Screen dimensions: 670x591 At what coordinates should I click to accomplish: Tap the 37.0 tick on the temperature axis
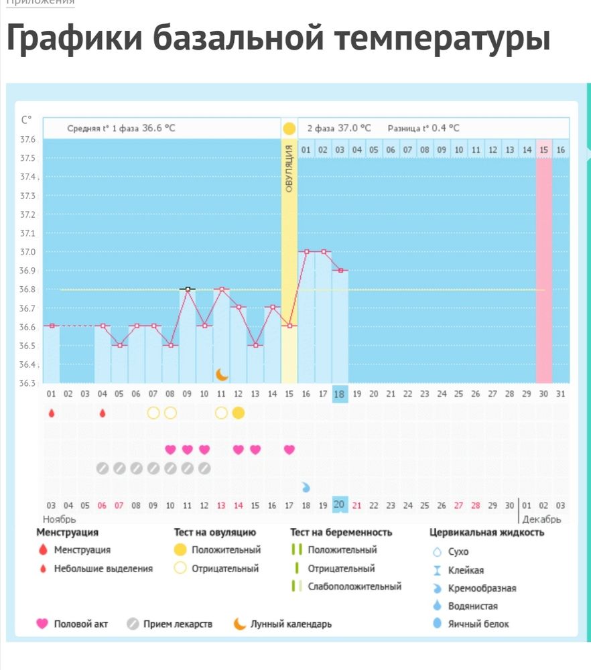(x=27, y=252)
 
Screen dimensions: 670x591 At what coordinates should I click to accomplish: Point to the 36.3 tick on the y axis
(x=27, y=383)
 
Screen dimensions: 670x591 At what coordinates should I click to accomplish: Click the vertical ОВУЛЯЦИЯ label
(x=289, y=168)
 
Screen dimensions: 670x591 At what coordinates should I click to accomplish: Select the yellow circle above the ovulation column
(x=289, y=128)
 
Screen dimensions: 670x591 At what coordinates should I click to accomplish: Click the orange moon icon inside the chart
(x=222, y=374)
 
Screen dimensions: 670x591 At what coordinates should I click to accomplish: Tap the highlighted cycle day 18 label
(x=340, y=394)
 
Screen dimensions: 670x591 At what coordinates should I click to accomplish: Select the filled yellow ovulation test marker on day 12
(x=239, y=413)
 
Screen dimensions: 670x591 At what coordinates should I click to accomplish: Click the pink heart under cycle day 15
(x=289, y=450)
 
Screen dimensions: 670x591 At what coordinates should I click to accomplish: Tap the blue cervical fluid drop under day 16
(x=306, y=486)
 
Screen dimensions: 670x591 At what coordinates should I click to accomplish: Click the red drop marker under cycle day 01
(x=52, y=413)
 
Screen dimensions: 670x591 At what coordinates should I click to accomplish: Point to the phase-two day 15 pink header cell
(x=543, y=149)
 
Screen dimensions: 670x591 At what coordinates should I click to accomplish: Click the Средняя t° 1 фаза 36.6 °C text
(x=121, y=128)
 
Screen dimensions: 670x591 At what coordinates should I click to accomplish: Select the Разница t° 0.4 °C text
(x=423, y=128)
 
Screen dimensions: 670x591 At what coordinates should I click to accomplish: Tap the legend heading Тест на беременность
(x=341, y=533)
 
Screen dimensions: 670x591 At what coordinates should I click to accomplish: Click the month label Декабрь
(x=541, y=519)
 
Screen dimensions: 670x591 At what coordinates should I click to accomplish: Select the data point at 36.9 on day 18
(x=340, y=270)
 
